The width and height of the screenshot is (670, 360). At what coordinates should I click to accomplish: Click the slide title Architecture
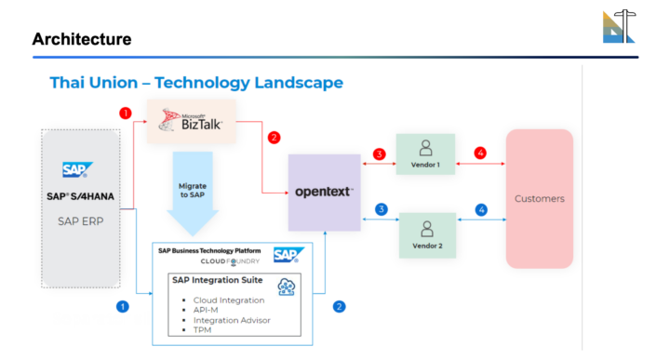(81, 39)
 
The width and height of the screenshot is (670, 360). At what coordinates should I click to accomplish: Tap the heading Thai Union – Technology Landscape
(195, 83)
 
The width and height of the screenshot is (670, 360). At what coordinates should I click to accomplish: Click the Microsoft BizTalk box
(190, 121)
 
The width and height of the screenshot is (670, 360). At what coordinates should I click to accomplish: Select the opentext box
(323, 192)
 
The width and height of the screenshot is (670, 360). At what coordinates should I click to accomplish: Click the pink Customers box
(539, 198)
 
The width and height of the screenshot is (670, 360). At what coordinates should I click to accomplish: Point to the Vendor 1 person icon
(425, 146)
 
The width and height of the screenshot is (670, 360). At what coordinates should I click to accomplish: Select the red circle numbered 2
(274, 138)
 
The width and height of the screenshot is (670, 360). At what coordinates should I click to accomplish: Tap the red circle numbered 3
(379, 153)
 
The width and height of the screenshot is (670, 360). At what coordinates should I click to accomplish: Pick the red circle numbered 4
(481, 153)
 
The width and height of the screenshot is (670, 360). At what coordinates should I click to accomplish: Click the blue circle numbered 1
(121, 305)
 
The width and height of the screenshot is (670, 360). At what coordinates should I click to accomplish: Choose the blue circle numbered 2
(340, 305)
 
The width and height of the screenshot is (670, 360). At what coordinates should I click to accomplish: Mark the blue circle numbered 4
(481, 210)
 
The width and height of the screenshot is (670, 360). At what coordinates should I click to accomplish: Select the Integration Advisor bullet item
(232, 320)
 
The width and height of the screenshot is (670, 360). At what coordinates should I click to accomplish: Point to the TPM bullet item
(203, 330)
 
